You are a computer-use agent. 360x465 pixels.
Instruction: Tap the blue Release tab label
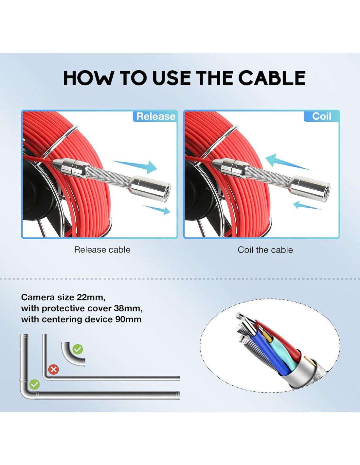tap(156, 116)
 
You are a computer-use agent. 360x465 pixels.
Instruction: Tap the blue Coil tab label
tap(321, 116)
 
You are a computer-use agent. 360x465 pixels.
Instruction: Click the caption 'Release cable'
tap(102, 250)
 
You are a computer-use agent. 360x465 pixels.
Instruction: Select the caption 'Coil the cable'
tap(265, 250)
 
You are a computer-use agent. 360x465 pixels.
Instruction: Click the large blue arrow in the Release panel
tap(135, 166)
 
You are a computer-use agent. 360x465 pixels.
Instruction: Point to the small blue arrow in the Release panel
tap(156, 210)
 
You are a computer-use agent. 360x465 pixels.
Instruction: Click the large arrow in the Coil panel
tap(287, 162)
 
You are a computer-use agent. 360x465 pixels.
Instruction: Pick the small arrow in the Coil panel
tap(306, 205)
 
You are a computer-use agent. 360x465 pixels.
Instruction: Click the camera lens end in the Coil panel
tap(325, 192)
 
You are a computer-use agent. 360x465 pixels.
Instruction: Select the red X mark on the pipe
tap(54, 370)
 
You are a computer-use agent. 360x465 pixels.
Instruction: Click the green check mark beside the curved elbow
tap(78, 349)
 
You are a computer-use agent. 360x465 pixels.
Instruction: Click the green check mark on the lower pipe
tap(35, 385)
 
